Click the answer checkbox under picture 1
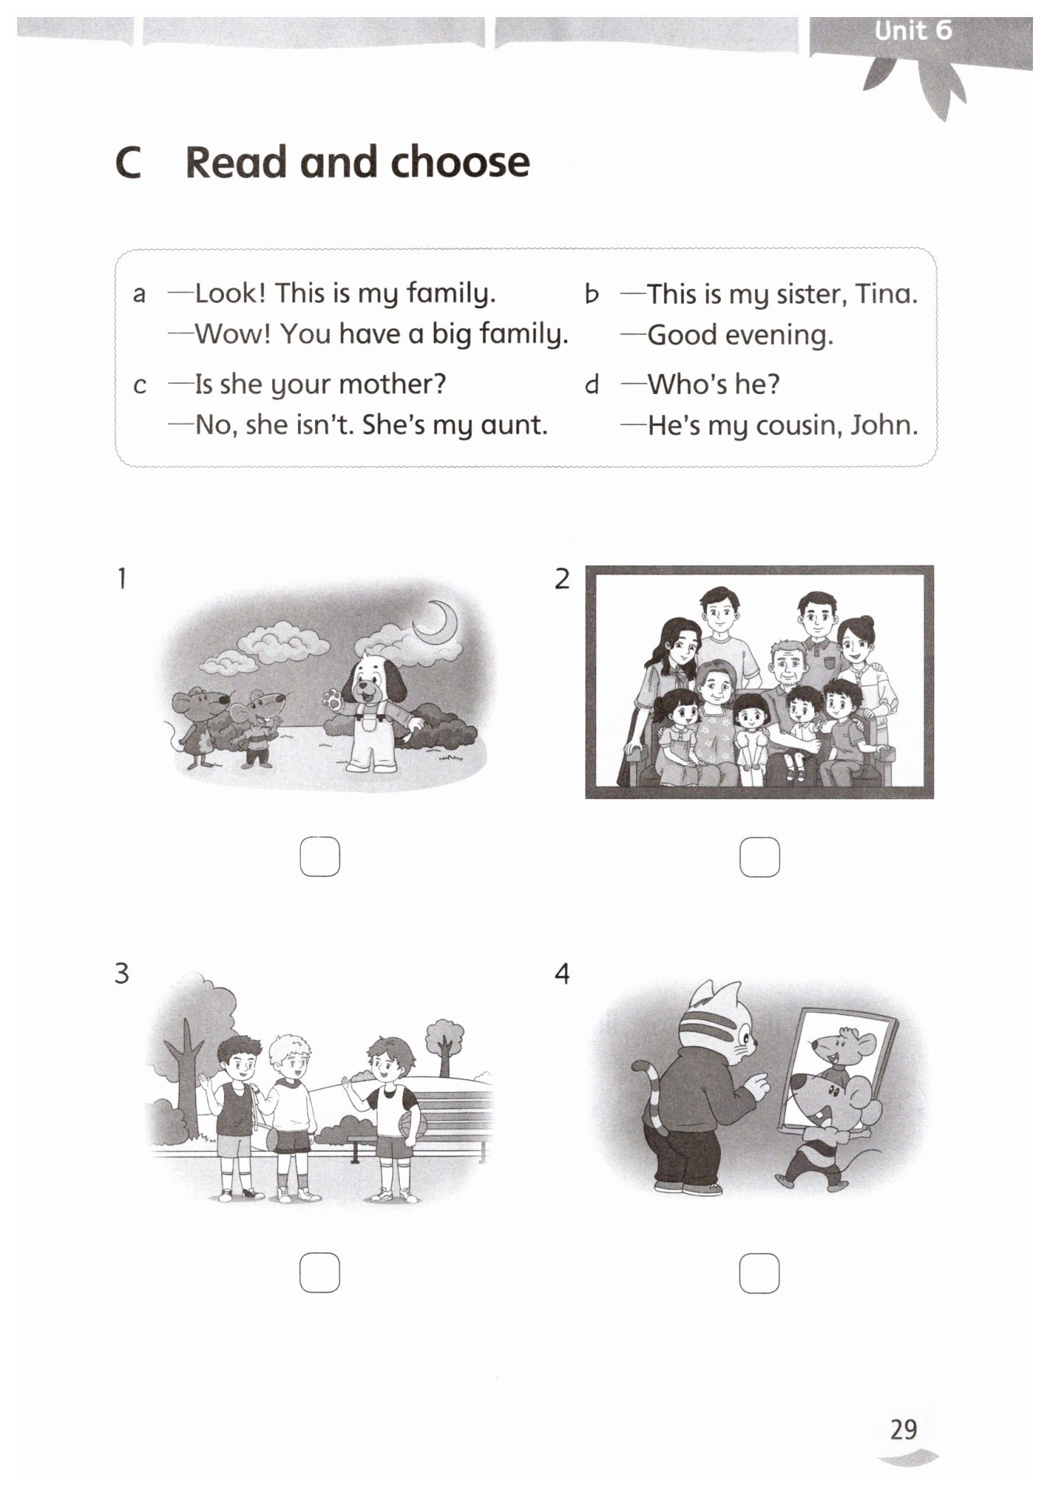(x=320, y=857)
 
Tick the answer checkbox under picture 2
(x=759, y=857)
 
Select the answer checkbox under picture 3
(x=320, y=1273)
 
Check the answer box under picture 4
(x=759, y=1273)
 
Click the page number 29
(x=904, y=1429)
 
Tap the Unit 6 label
(x=913, y=30)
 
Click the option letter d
(x=593, y=384)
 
